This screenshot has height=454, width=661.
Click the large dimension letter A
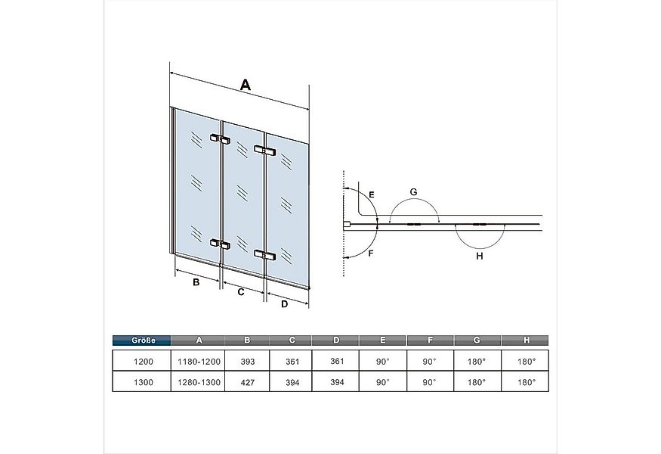click(x=246, y=85)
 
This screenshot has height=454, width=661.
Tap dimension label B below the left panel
click(x=196, y=282)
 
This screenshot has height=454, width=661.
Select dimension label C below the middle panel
click(x=241, y=292)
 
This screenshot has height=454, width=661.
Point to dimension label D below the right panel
click(x=285, y=303)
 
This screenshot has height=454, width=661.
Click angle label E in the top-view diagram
click(x=372, y=194)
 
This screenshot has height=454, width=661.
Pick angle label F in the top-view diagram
click(x=371, y=253)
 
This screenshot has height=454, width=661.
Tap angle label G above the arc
click(x=413, y=192)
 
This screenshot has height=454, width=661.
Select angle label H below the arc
click(x=479, y=256)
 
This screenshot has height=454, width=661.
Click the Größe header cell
click(x=142, y=340)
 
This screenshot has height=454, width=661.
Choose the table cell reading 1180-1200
click(x=199, y=362)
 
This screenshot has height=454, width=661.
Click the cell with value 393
click(x=248, y=362)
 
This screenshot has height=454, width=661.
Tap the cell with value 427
click(x=248, y=383)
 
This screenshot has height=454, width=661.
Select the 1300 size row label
click(x=144, y=383)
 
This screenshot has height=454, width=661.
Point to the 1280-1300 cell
click(x=199, y=383)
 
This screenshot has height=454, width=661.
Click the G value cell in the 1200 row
click(x=477, y=362)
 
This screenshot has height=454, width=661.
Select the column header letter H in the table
click(x=526, y=340)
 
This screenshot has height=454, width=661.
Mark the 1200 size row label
click(x=144, y=362)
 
